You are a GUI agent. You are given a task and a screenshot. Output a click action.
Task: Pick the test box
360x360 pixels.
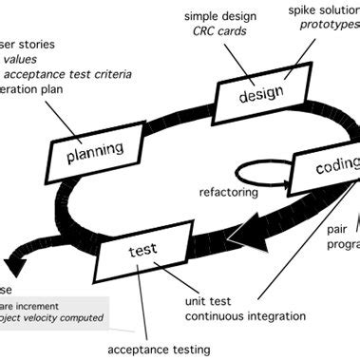[148, 253]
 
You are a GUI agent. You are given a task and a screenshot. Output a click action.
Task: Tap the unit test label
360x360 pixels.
[211, 301]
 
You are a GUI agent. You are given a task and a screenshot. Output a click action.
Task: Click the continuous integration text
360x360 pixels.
[244, 317]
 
